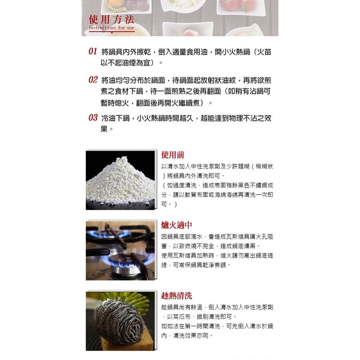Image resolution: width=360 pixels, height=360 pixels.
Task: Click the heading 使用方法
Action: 111,18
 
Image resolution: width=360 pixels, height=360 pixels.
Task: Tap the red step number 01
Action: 93,52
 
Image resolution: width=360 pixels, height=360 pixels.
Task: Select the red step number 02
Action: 93,79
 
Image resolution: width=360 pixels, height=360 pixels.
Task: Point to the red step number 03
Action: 93,118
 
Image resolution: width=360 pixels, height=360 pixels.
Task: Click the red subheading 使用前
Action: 173,155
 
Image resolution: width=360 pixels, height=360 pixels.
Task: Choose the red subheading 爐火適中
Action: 177,225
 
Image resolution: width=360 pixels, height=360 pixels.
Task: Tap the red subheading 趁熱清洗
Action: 177,296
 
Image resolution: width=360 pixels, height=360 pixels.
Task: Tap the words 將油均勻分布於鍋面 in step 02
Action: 137,80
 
